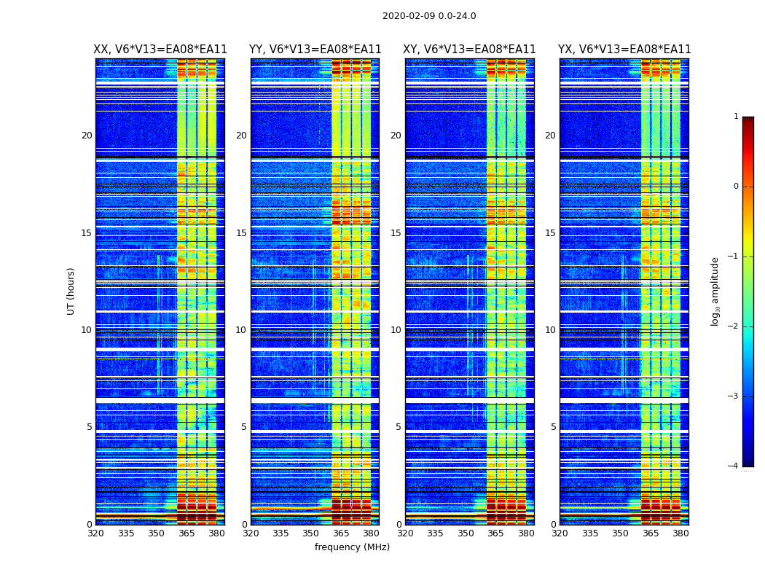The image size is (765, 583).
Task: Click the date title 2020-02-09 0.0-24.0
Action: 429,16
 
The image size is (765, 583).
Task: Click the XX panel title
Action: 160,50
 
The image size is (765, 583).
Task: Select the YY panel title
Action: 315,50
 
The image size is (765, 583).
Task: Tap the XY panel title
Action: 469,50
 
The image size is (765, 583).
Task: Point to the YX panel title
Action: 624,50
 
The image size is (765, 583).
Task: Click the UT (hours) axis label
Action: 71,291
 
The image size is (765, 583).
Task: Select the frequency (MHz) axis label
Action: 352,547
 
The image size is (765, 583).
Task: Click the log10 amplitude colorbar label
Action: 715,291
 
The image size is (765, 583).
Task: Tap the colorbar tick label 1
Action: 736,117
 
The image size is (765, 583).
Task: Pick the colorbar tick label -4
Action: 734,466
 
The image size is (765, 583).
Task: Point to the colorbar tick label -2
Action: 734,326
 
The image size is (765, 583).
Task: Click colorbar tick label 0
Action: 736,187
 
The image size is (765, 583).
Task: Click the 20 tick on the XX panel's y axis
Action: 87,136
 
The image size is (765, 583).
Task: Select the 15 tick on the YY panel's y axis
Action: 241,233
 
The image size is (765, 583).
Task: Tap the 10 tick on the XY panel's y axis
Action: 396,330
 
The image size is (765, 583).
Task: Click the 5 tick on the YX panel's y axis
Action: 553,427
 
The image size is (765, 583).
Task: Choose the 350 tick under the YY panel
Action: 311,533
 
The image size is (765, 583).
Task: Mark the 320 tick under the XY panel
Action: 405,533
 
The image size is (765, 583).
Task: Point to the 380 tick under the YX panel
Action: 680,533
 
